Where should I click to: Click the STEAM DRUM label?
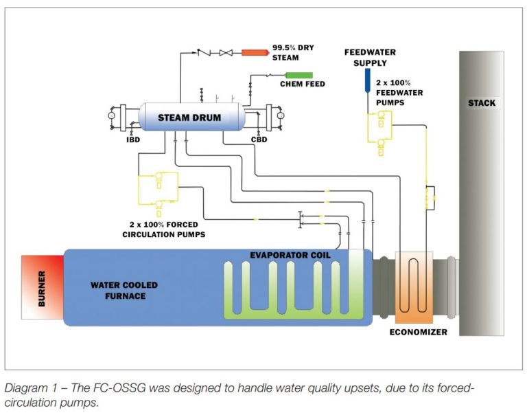(189, 117)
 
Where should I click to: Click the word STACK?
(481, 104)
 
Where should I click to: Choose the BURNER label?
(42, 288)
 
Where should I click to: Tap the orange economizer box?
(410, 289)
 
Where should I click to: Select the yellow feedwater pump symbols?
(377, 131)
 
